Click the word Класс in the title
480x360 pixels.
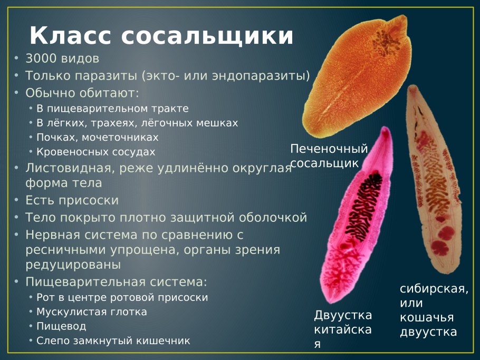pyautogui.click(x=70, y=35)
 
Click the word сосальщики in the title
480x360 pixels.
pyautogui.click(x=207, y=36)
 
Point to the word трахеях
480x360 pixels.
pyautogui.click(x=113, y=123)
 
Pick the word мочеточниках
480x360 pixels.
pyautogui.click(x=120, y=138)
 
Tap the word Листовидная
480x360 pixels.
pyautogui.click(x=69, y=168)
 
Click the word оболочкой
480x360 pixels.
pyautogui.click(x=273, y=218)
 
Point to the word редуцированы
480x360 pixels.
pyautogui.click(x=73, y=265)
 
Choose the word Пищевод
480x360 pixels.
pyautogui.click(x=61, y=326)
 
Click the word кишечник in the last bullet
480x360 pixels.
pyautogui.click(x=163, y=340)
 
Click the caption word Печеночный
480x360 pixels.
pyautogui.click(x=329, y=149)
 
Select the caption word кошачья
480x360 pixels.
pyautogui.click(x=427, y=317)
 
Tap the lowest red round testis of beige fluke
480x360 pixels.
pyautogui.click(x=440, y=247)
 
